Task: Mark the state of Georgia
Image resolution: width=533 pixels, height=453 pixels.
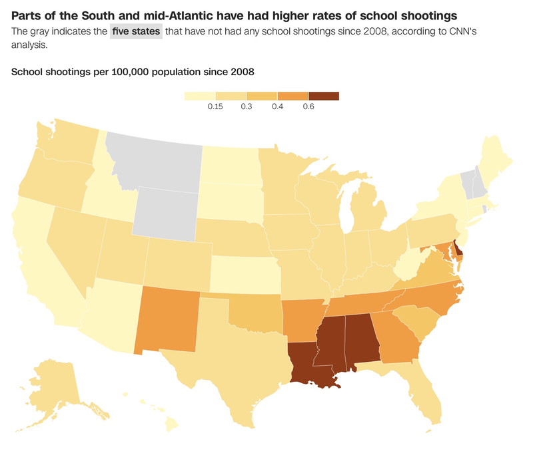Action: pyautogui.click(x=396, y=339)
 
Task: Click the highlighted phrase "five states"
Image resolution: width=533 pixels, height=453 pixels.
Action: pyautogui.click(x=136, y=31)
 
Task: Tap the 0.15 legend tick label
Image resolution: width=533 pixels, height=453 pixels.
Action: pyautogui.click(x=215, y=107)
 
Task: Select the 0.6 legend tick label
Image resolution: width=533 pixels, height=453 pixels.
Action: pyautogui.click(x=308, y=107)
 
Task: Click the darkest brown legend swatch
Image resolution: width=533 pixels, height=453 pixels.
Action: pyautogui.click(x=323, y=96)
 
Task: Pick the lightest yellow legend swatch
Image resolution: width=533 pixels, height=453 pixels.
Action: pyautogui.click(x=199, y=96)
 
